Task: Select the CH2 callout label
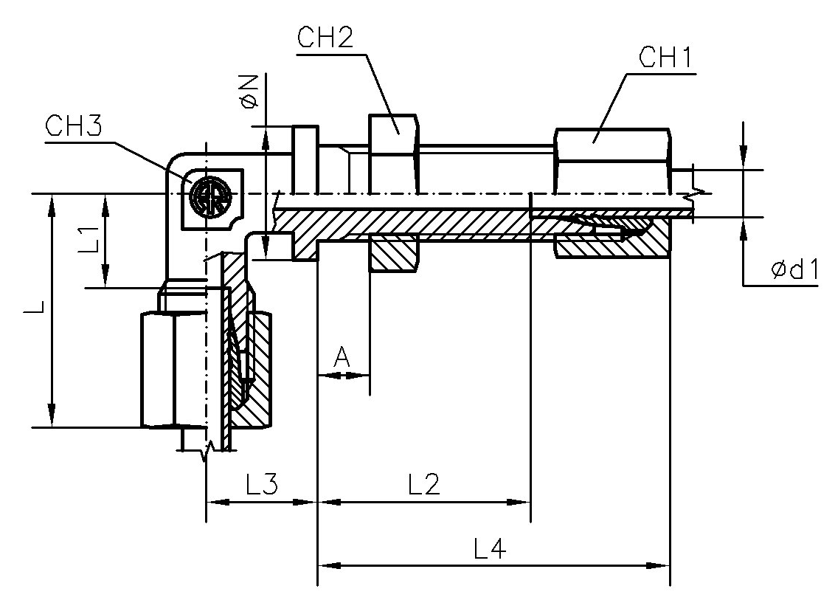pos(325,38)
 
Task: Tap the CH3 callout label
pos(74,126)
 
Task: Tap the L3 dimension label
pos(261,485)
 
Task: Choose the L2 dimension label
pos(424,485)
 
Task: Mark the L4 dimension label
pos(490,548)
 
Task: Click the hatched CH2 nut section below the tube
pos(393,252)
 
